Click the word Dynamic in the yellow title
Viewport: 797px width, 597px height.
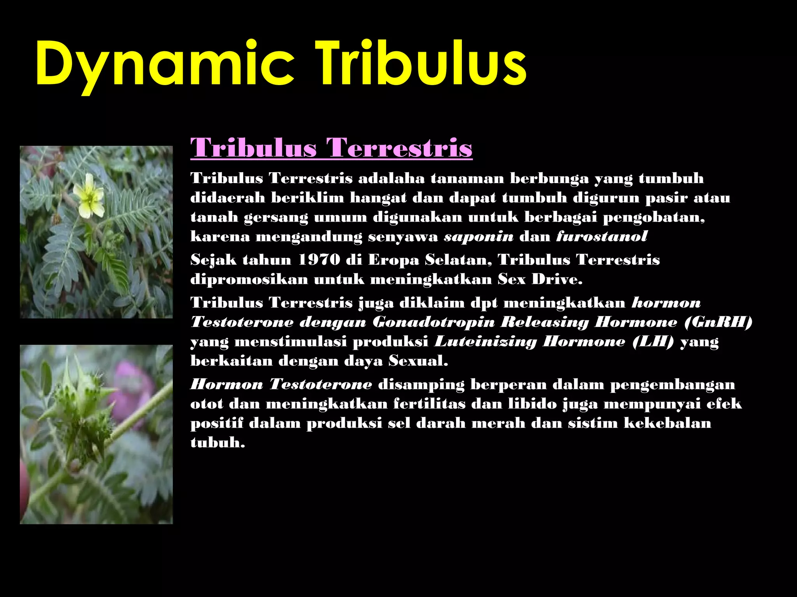[x=163, y=64]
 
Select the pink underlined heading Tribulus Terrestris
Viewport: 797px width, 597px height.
[x=331, y=148]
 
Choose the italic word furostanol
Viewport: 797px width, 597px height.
[x=602, y=236]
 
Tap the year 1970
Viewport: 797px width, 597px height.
[x=319, y=260]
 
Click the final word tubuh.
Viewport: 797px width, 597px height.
[x=218, y=443]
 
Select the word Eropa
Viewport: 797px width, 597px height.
[x=393, y=260]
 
